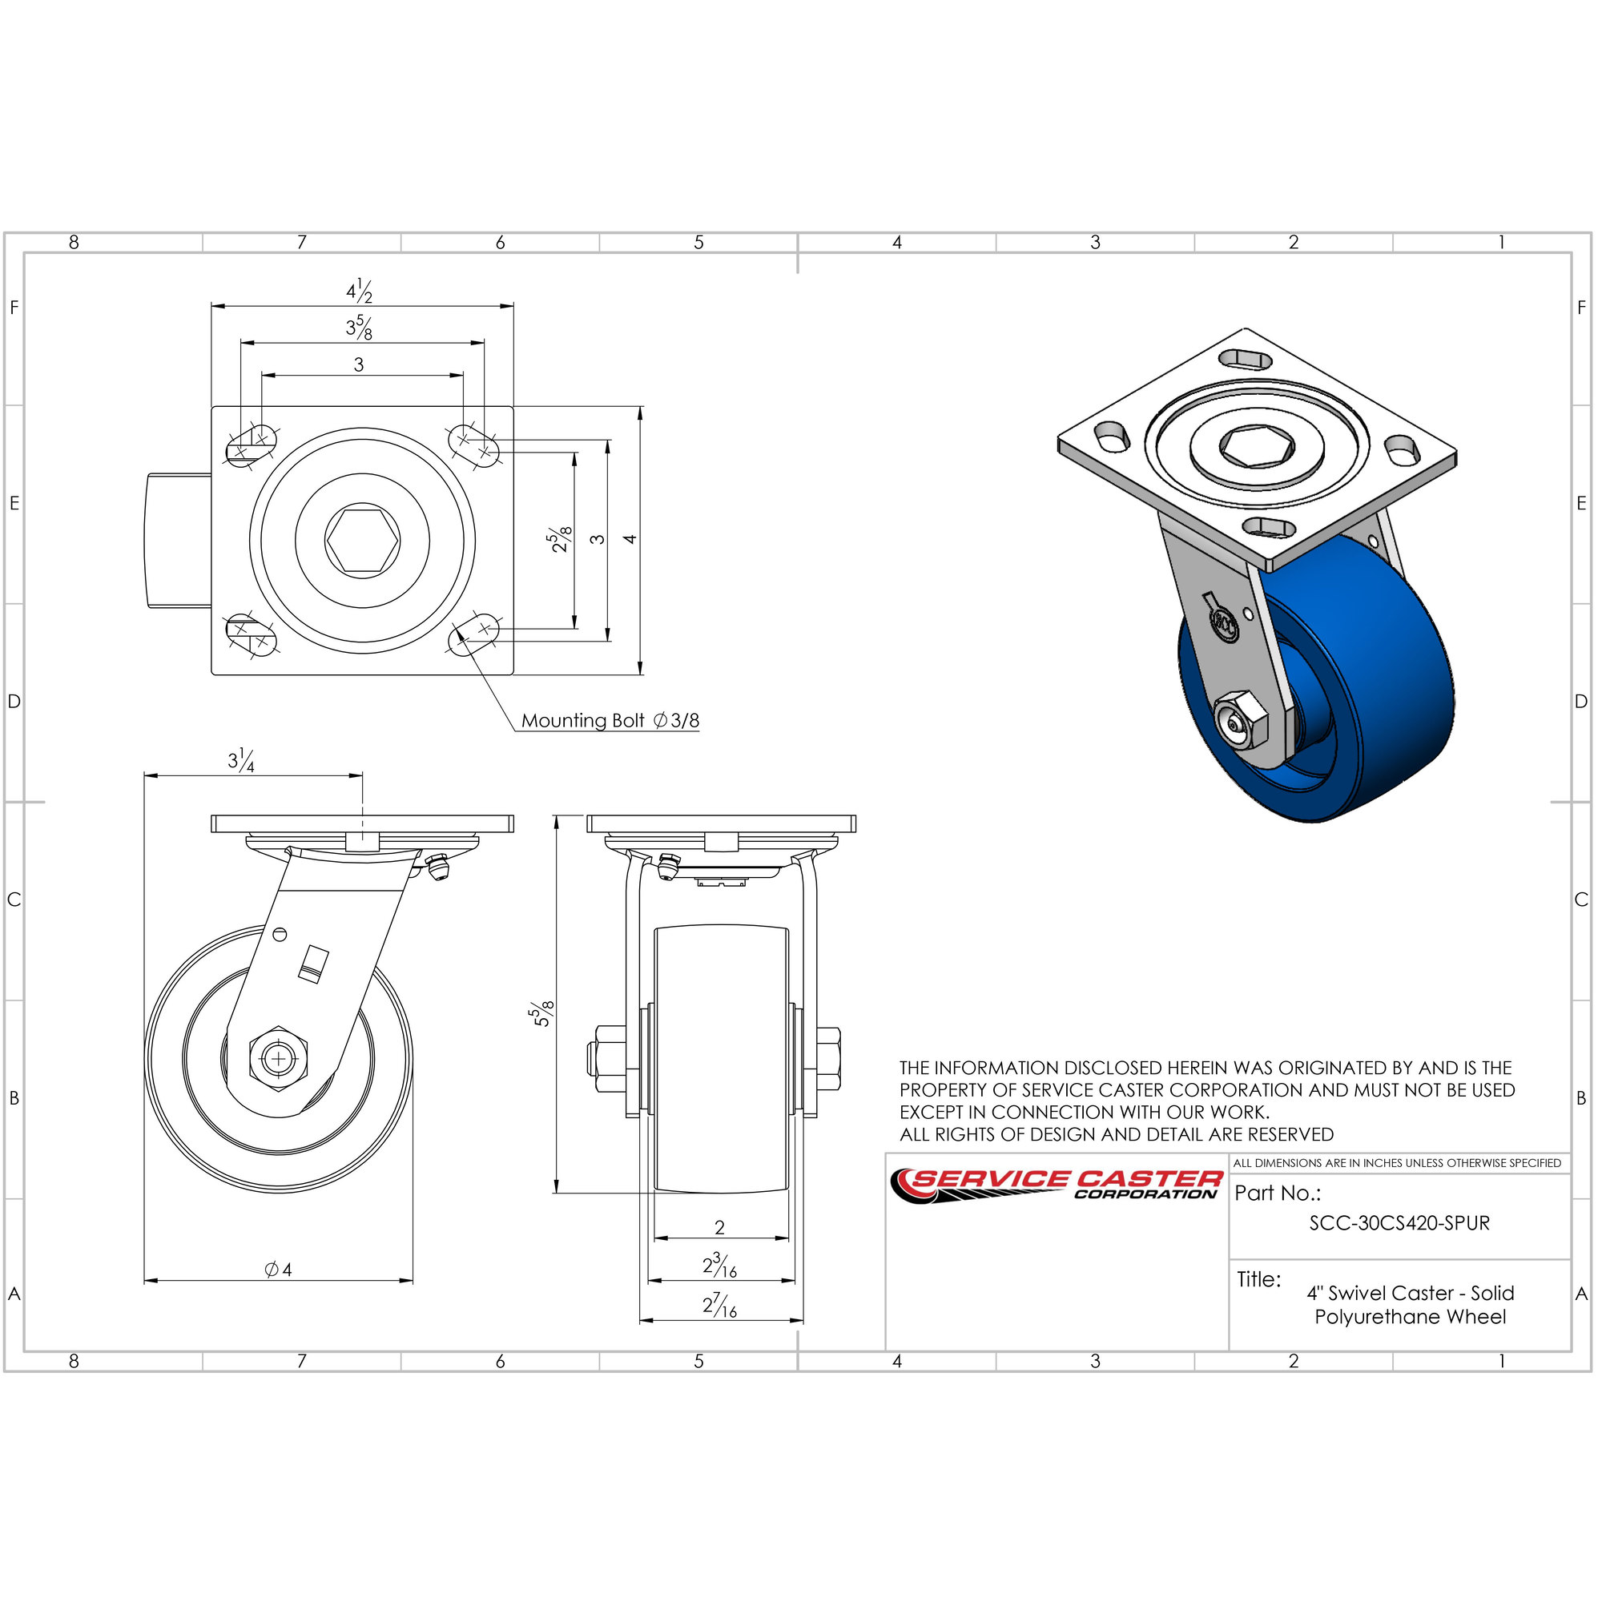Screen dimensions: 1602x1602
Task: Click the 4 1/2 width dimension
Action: [x=359, y=291]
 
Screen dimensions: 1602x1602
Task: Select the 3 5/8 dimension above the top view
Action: [x=359, y=328]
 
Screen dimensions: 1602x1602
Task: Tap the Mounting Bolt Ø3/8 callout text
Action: [x=610, y=721]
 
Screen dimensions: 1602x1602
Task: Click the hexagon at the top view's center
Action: [x=362, y=540]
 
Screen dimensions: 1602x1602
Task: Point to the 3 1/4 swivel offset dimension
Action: [x=241, y=760]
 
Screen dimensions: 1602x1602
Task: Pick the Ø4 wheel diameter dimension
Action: [x=279, y=1270]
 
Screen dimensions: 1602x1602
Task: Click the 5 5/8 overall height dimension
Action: [x=542, y=1014]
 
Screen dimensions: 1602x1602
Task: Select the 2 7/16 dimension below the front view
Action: [x=720, y=1306]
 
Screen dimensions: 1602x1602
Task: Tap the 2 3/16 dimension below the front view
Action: [x=720, y=1266]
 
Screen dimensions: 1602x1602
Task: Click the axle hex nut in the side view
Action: [x=279, y=1059]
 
